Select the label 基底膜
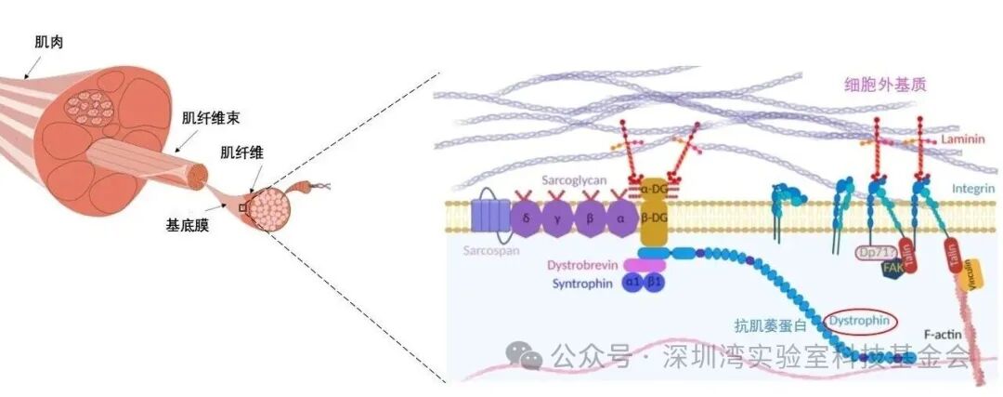187,224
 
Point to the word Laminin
961,139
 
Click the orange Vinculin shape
971,271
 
